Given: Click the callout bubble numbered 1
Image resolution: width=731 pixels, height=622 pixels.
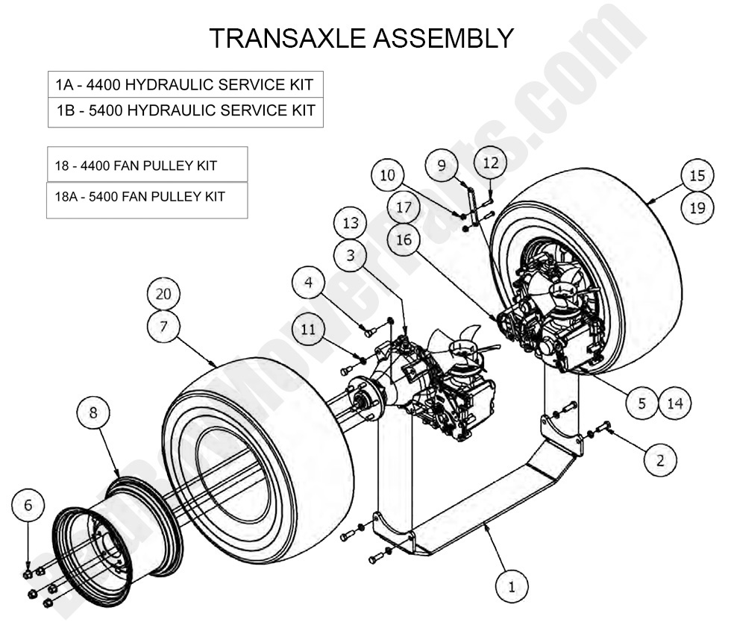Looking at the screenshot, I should point(511,586).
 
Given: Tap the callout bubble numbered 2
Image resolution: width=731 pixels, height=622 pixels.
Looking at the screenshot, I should point(659,459).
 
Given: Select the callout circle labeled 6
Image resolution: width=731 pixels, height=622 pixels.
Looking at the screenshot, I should point(28,506).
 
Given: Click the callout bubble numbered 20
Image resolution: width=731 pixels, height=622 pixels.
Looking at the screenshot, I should point(163,294).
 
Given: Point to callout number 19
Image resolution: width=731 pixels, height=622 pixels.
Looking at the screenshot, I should point(697,208).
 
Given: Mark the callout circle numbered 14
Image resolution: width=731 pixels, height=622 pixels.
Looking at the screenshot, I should point(675,403).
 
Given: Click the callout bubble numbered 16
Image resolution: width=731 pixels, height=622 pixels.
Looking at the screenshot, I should point(404,239).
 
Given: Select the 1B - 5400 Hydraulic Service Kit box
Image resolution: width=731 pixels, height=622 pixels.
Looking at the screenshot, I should point(186,112).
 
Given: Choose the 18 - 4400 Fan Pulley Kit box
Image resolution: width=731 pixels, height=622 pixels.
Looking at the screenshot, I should point(147,165).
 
